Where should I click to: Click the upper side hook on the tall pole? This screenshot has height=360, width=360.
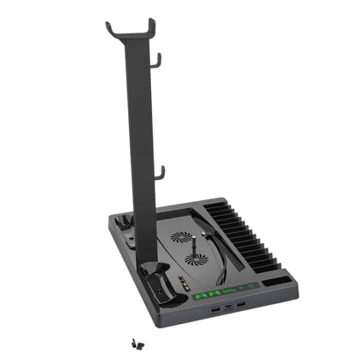click(158, 60)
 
